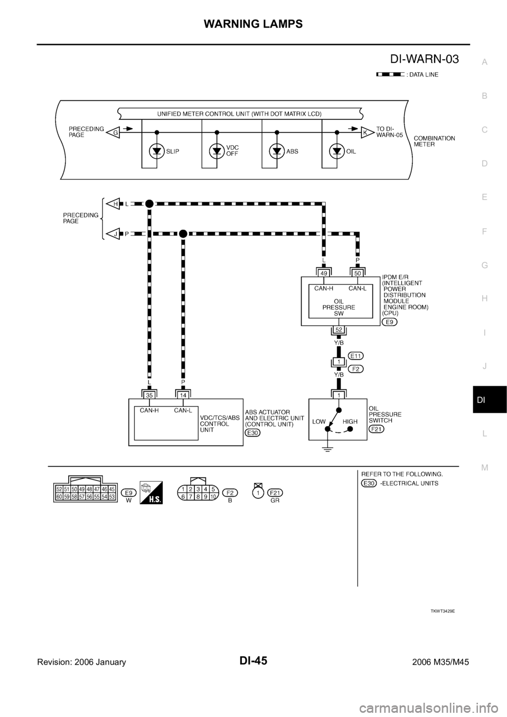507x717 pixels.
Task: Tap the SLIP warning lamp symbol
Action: [x=157, y=152]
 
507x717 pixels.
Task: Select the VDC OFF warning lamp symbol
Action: [x=217, y=152]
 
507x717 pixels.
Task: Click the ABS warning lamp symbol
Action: [x=277, y=152]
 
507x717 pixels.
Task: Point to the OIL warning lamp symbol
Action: [x=337, y=152]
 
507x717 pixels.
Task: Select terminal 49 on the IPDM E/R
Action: [x=323, y=273]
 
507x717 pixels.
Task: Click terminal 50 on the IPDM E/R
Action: [x=358, y=273]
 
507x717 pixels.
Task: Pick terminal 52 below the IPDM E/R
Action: [x=338, y=330]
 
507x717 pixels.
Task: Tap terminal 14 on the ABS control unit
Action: [x=183, y=393]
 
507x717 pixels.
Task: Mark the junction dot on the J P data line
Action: [x=183, y=233]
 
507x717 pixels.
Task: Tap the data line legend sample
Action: [x=390, y=75]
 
